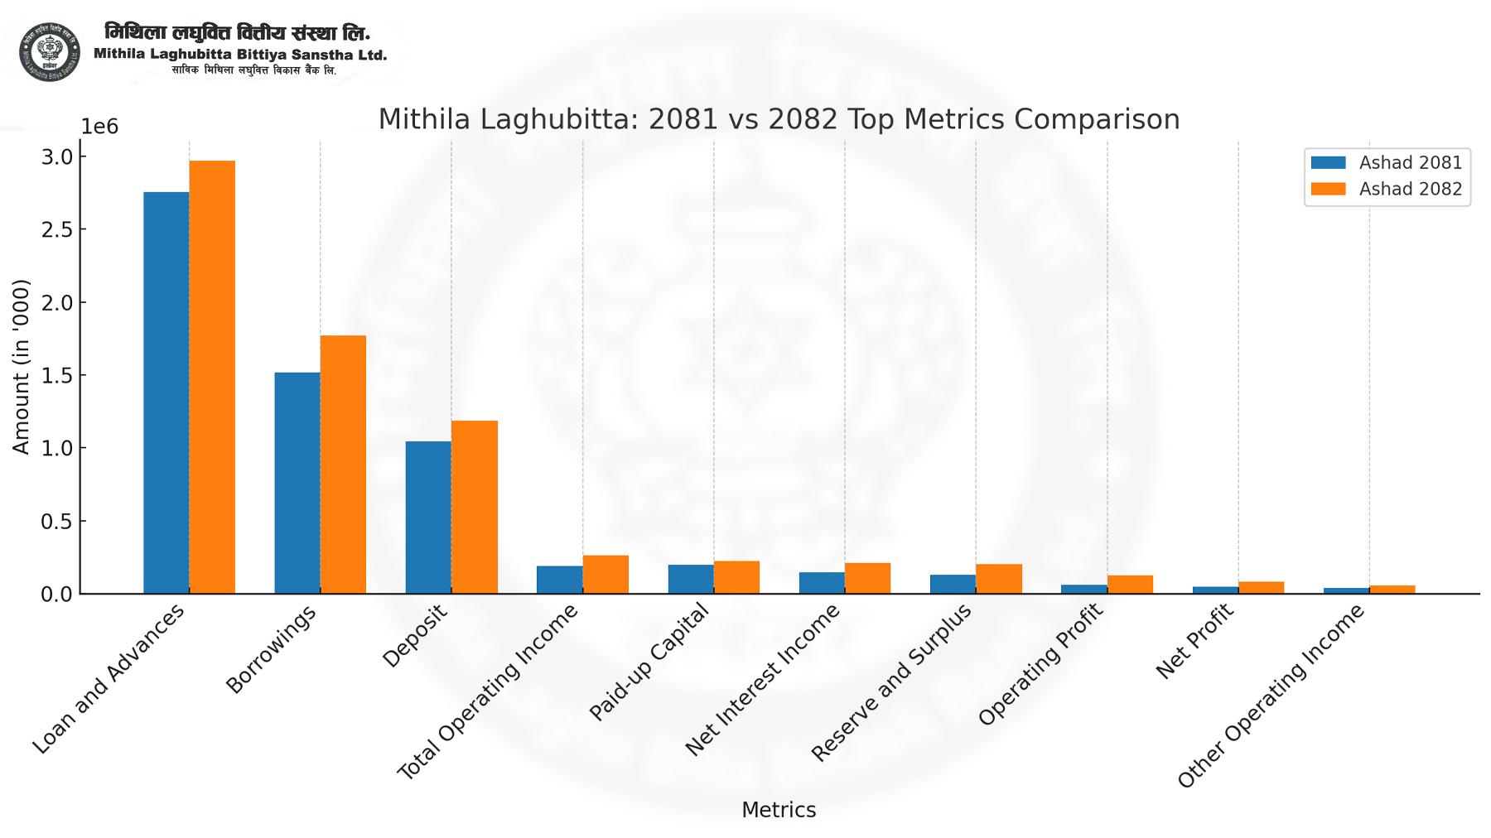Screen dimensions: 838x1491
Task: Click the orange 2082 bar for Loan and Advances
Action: point(212,377)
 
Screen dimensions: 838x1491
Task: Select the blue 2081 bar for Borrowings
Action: point(297,483)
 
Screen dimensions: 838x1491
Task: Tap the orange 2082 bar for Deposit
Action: point(475,507)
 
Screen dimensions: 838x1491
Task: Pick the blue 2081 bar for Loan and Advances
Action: point(166,393)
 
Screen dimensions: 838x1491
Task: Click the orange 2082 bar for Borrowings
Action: point(343,465)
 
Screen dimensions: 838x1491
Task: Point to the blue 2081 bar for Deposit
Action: point(428,518)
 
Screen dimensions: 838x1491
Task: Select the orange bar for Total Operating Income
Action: point(606,575)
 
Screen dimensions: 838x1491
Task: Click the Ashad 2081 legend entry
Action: point(1387,162)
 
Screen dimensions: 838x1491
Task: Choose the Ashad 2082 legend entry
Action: point(1387,189)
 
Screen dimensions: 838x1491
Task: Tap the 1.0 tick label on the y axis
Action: point(57,448)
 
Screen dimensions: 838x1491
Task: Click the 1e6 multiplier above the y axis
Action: point(99,127)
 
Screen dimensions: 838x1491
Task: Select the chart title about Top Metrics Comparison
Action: point(779,119)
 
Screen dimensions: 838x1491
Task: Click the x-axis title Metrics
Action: point(779,810)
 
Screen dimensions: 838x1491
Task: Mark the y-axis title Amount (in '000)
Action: point(22,367)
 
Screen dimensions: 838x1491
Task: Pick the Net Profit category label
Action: point(1194,642)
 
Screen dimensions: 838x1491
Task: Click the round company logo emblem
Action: point(50,52)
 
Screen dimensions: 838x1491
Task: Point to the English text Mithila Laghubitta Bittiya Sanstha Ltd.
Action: point(240,55)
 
